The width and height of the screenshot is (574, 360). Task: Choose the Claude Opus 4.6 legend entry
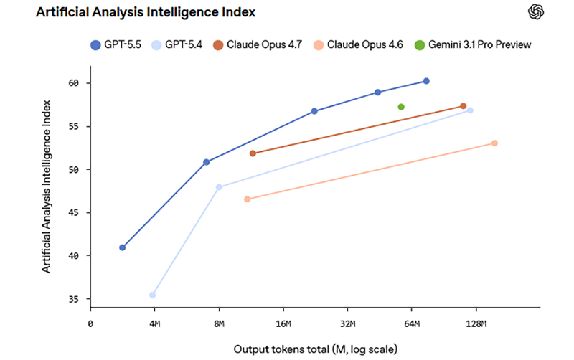[359, 45]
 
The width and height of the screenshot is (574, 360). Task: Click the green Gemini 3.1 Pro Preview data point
[401, 107]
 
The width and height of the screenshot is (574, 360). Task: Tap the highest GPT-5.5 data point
[426, 81]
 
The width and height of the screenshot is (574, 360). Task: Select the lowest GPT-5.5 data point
[123, 247]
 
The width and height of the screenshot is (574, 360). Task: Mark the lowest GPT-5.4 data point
[152, 295]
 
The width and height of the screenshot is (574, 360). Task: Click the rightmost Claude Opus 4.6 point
[494, 143]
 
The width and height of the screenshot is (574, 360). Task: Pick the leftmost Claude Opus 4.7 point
[253, 153]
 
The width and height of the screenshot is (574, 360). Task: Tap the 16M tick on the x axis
[283, 324]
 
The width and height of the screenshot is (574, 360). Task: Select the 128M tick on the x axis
[476, 324]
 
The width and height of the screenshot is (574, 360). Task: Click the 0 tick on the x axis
[90, 324]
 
